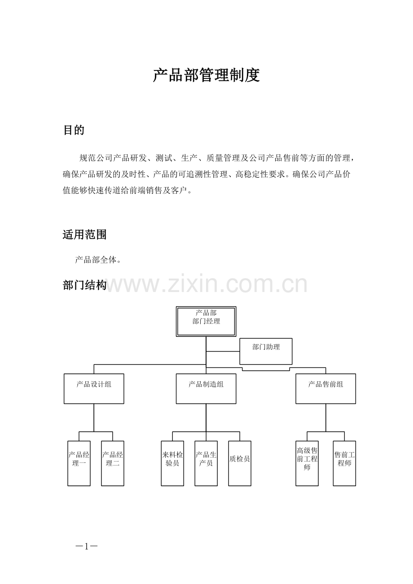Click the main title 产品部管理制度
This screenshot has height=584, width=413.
point(206,75)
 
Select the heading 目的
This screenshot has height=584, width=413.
point(74,130)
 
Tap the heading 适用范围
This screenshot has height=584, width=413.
point(84,235)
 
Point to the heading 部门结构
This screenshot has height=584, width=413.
point(84,285)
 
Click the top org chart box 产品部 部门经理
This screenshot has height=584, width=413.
point(206,322)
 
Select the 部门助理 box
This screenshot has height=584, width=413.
point(266,351)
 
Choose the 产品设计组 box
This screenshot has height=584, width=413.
point(94,389)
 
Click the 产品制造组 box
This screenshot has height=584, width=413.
point(206,389)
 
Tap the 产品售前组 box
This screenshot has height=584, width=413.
point(325,389)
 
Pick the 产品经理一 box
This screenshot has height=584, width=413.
point(79,463)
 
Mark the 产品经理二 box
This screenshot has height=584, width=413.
point(113,463)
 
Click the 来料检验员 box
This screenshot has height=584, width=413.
point(172,463)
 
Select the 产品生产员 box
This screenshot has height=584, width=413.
point(206,463)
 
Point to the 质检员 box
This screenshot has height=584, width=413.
point(240,463)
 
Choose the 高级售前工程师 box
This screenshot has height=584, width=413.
point(307,463)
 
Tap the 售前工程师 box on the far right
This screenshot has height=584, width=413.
point(344,463)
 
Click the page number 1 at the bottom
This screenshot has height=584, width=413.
point(87,546)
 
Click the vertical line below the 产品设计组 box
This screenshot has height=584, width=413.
point(94,418)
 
